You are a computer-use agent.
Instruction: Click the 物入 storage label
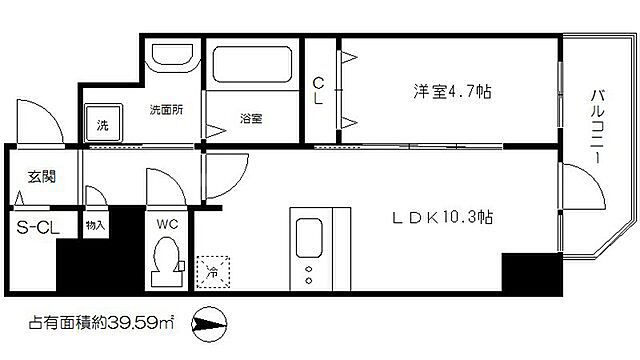(96, 225)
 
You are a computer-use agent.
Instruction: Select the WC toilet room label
(164, 224)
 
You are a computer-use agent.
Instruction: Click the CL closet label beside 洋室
(317, 91)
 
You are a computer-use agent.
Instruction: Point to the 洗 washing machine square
(102, 125)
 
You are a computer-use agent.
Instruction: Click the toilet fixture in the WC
(163, 264)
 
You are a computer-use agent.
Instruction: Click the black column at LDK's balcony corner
(531, 271)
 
